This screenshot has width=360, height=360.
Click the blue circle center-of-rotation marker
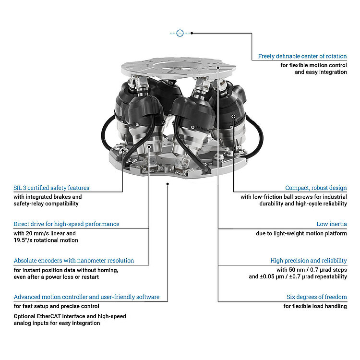180,33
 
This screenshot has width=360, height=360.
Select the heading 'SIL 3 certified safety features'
51,188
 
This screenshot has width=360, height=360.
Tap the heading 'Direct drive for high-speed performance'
66,224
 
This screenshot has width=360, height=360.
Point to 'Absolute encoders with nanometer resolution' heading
73,260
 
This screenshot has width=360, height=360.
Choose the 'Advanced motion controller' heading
86,297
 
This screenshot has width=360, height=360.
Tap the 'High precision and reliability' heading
308,261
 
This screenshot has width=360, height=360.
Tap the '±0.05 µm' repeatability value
276,276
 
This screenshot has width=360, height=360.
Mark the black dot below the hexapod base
168,183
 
